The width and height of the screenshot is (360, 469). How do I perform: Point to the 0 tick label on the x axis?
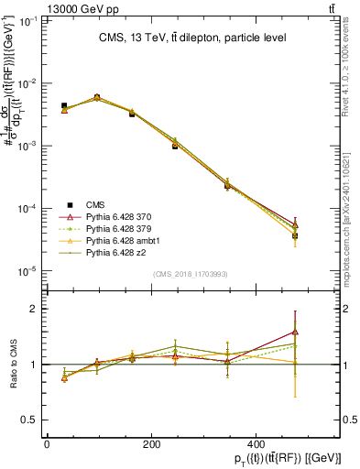[x=47, y=444]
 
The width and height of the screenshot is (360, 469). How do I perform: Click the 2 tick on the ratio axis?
[x=34, y=309]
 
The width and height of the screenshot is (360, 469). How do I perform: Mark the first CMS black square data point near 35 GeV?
[x=64, y=106]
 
